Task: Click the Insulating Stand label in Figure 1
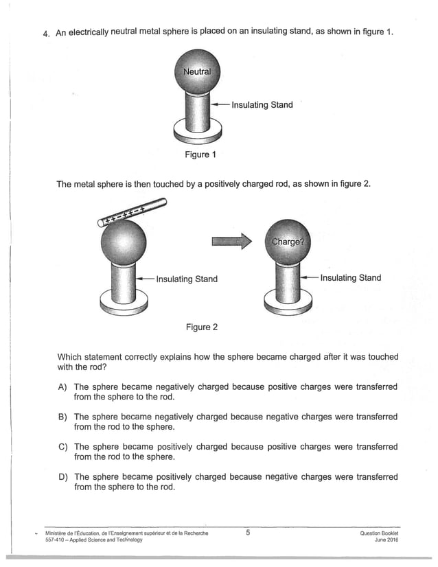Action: click(x=262, y=105)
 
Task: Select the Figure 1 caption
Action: click(x=200, y=154)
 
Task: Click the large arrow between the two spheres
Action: click(x=227, y=241)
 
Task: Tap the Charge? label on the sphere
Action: click(x=288, y=242)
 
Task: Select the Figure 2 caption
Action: click(x=202, y=327)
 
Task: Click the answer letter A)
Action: click(x=62, y=387)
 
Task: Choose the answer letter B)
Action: click(x=62, y=417)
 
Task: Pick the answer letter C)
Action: click(x=62, y=447)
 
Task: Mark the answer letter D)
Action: click(x=62, y=477)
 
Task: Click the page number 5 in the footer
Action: click(x=248, y=532)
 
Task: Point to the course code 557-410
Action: click(x=55, y=540)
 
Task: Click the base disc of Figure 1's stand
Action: click(x=197, y=129)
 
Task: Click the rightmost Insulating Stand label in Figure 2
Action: click(x=350, y=278)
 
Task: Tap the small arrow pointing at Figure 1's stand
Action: click(x=220, y=105)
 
